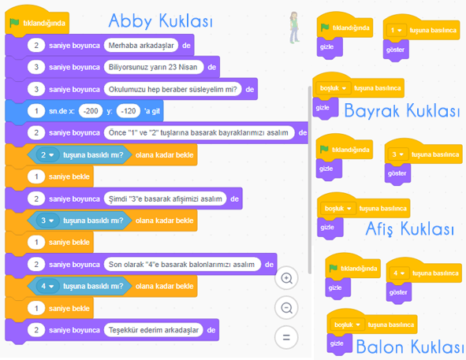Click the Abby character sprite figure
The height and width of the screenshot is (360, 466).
click(294, 28)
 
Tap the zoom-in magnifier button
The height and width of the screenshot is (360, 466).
click(286, 278)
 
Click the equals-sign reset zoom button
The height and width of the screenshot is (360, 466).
click(286, 337)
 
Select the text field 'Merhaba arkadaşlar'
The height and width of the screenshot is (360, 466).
click(141, 46)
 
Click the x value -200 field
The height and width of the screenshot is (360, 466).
click(91, 111)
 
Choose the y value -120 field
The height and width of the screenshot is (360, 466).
click(129, 111)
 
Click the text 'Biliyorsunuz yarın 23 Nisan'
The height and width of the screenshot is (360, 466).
click(153, 67)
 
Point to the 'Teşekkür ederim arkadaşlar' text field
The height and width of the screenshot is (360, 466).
click(153, 330)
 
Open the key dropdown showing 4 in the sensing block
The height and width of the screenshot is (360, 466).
click(47, 286)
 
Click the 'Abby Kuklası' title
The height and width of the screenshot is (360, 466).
click(161, 20)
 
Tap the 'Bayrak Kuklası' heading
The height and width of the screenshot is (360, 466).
click(402, 111)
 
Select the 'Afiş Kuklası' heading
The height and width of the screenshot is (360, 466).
click(410, 228)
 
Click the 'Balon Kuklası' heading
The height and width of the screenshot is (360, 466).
click(409, 347)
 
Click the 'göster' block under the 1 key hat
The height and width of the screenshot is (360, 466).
click(396, 50)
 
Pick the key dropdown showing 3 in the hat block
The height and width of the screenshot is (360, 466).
click(397, 154)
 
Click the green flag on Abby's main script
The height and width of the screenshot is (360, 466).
click(14, 23)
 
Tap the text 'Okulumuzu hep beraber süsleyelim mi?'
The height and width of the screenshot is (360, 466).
click(173, 89)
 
